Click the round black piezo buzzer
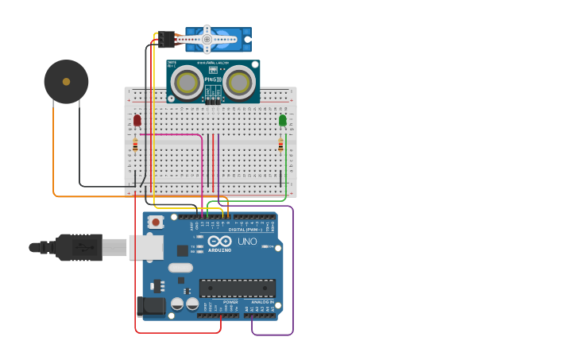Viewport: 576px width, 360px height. click(x=66, y=81)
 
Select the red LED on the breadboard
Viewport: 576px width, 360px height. click(x=137, y=120)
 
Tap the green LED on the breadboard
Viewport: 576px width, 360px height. click(x=283, y=120)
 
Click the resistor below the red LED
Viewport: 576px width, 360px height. click(x=135, y=145)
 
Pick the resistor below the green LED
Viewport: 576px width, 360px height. click(x=280, y=145)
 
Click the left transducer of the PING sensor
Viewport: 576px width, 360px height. click(x=187, y=81)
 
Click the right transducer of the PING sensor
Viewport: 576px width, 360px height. click(x=239, y=81)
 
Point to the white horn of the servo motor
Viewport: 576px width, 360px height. click(x=208, y=38)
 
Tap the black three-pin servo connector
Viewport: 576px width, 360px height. click(x=166, y=39)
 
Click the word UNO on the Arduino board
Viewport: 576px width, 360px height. click(x=247, y=242)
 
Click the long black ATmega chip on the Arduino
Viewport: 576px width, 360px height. click(x=238, y=288)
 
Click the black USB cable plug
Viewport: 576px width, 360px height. click(x=79, y=248)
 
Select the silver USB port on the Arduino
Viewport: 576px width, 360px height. click(x=146, y=247)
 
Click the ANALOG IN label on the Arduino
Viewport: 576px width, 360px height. click(x=262, y=302)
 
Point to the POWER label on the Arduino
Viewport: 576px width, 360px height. click(x=230, y=302)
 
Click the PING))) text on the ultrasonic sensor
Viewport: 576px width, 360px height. click(x=211, y=79)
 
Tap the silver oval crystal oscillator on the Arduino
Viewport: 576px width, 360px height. click(x=180, y=268)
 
